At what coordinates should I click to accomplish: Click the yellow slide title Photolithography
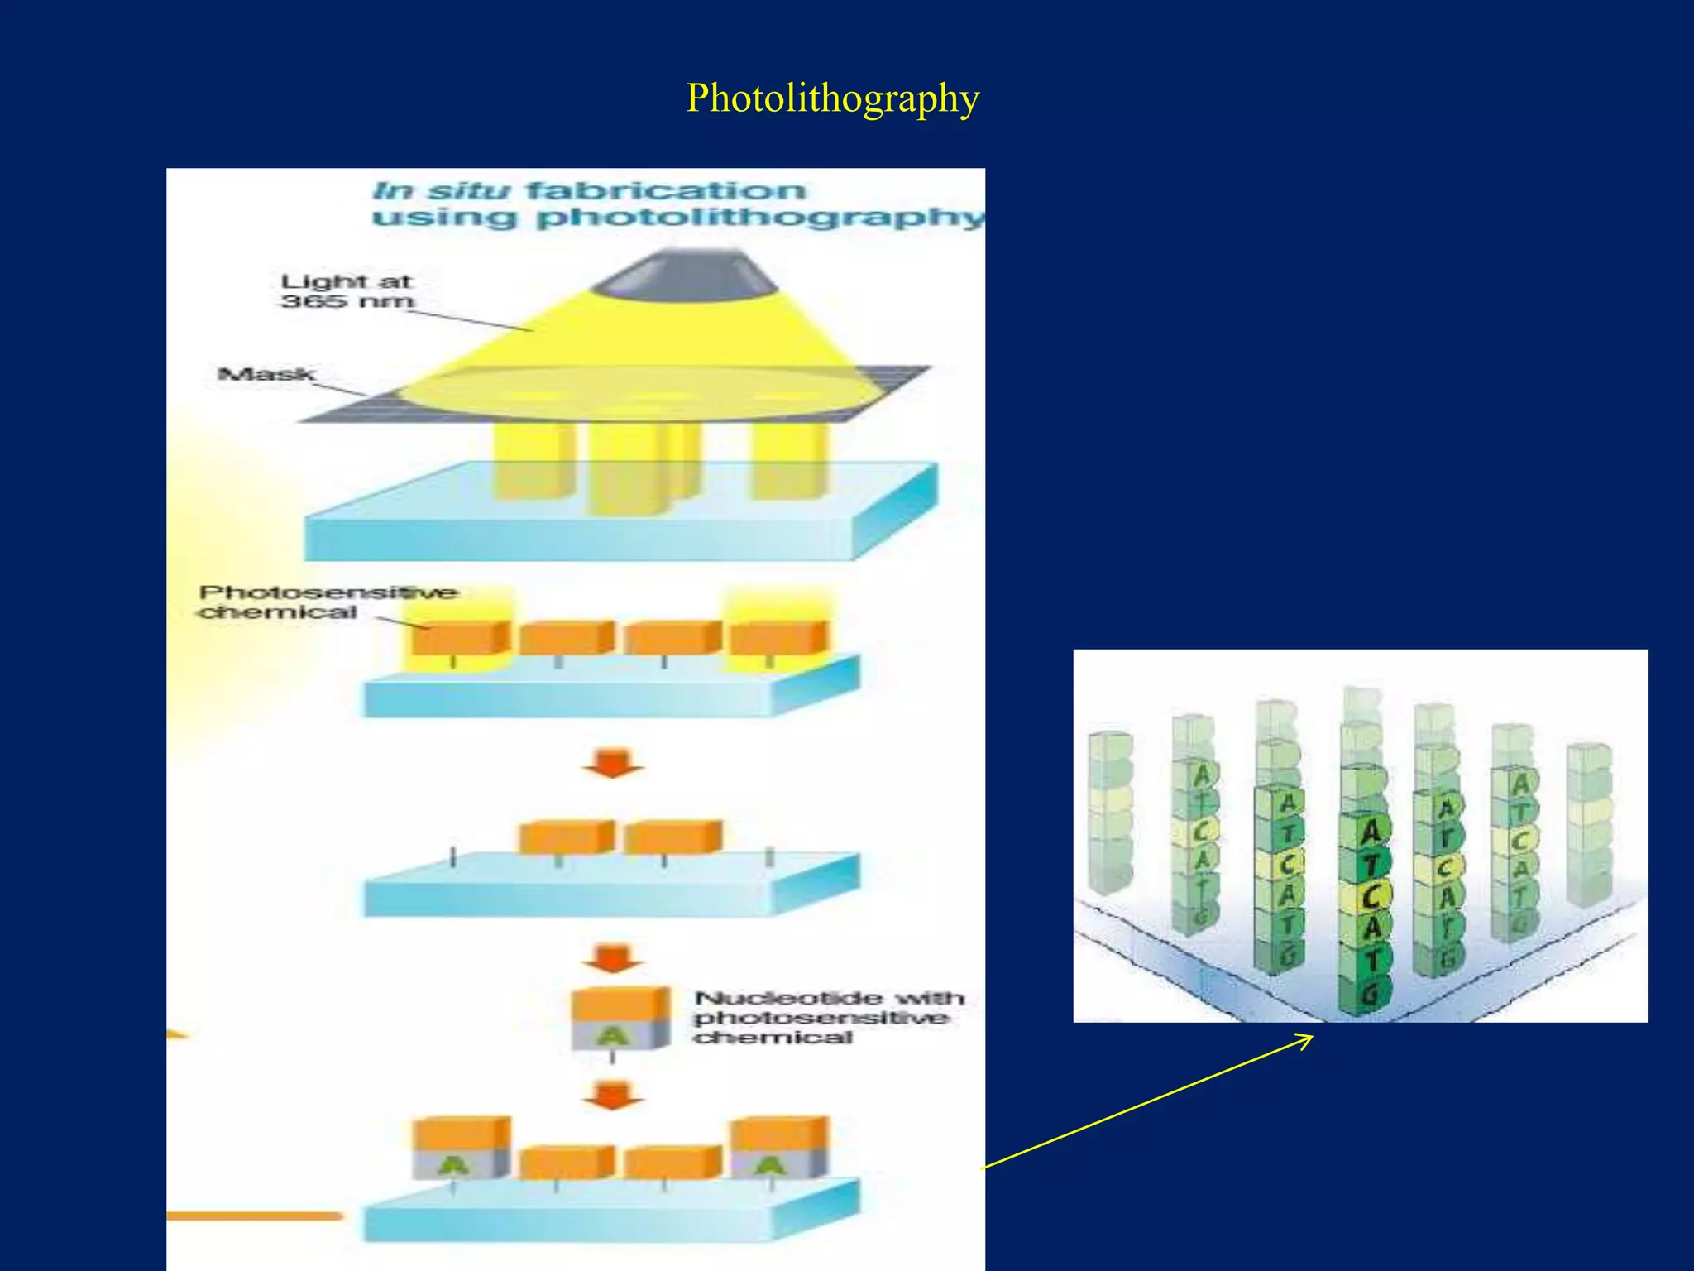point(832,98)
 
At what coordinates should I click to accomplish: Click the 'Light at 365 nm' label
point(347,291)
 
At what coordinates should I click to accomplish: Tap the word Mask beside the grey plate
point(266,375)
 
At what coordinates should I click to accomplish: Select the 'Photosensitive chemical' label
point(328,602)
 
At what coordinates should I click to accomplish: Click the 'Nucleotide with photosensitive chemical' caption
point(828,1018)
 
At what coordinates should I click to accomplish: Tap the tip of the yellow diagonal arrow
point(1311,1036)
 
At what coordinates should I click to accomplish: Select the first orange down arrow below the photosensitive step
point(612,763)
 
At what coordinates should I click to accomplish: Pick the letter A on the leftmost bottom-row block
point(453,1166)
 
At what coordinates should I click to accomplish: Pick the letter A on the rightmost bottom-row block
point(770,1166)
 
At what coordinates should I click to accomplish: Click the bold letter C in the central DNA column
point(1372,896)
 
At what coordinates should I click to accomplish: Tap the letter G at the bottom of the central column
point(1369,990)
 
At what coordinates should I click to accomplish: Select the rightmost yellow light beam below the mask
point(788,461)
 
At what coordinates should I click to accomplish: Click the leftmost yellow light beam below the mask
point(533,461)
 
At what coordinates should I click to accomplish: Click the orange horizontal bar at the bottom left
point(254,1216)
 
